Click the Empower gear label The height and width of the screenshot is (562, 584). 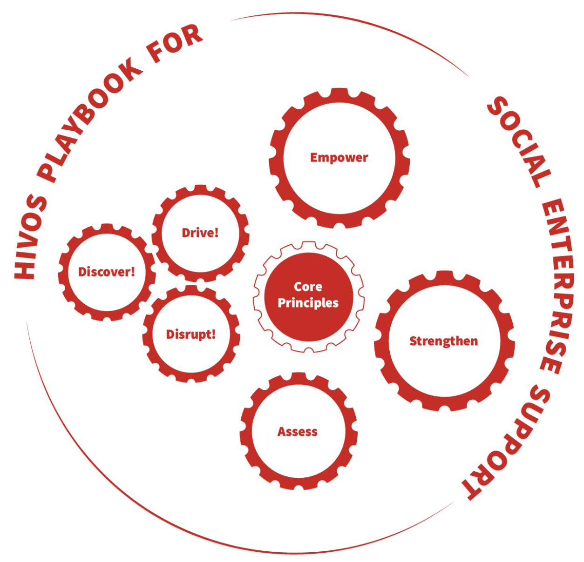(x=339, y=158)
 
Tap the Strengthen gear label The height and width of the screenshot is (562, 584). (x=443, y=341)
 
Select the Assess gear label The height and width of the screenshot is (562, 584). (x=298, y=432)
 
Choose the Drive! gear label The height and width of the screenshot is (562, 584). (x=200, y=233)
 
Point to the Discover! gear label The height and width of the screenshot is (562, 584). (x=106, y=272)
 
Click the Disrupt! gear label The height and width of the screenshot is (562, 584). (x=191, y=334)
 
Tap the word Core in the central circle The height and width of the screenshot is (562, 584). (x=308, y=287)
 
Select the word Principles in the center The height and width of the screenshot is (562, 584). (x=308, y=303)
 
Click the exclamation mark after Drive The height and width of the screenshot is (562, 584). (x=216, y=232)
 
